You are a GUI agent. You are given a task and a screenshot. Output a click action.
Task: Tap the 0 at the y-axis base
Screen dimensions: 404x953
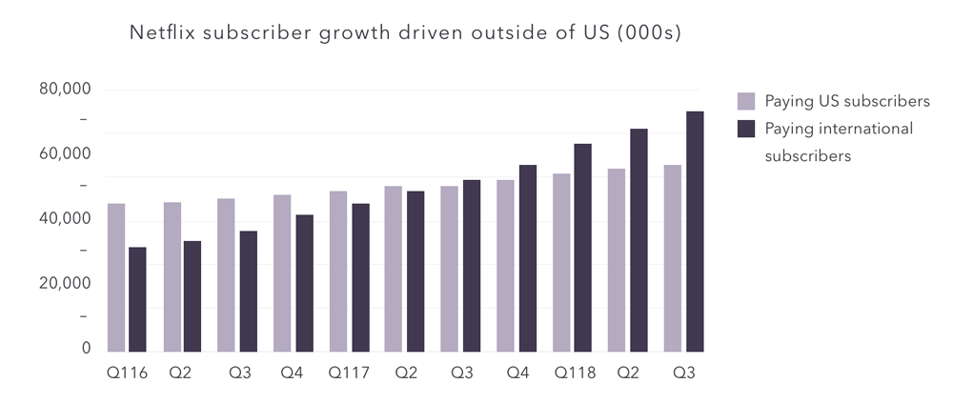[x=87, y=349]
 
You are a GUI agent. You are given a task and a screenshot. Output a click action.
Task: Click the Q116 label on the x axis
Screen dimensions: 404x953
[x=127, y=373]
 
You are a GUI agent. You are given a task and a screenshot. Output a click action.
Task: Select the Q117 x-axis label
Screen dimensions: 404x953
[x=349, y=373]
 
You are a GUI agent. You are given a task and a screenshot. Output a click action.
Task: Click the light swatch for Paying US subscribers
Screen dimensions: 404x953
[x=746, y=102]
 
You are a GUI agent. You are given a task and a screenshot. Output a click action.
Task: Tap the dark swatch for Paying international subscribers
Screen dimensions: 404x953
[x=746, y=129]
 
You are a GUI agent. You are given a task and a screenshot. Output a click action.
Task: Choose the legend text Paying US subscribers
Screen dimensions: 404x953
[x=847, y=102]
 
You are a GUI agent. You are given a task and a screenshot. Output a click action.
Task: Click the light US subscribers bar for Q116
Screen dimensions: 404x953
[x=116, y=277]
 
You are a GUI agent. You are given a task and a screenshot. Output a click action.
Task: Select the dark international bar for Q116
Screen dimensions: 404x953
[x=137, y=299]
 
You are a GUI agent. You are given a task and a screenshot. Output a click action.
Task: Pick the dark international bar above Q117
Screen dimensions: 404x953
[x=360, y=277]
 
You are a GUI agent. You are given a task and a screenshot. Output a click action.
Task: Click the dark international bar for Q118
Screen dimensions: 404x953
[x=583, y=248]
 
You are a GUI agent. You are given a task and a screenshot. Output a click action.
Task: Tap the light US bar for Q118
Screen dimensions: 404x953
[x=561, y=263]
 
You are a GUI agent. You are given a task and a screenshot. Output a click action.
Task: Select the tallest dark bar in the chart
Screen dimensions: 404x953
[x=695, y=232]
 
